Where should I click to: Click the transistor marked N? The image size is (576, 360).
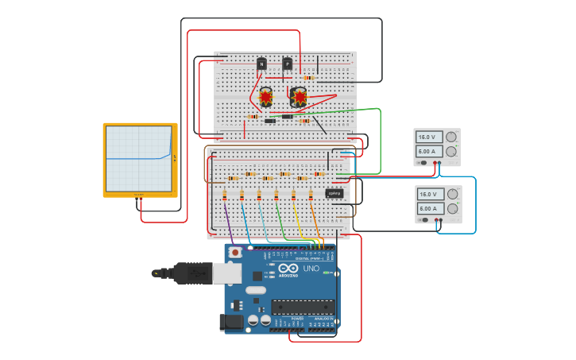pos(261,64)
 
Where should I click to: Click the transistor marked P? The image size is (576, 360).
pos(287,64)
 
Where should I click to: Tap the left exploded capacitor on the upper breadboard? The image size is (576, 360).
pos(265,97)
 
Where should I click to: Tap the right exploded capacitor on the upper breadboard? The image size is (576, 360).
pos(300,97)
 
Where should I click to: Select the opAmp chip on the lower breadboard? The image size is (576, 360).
pos(334,193)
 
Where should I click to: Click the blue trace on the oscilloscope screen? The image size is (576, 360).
pos(135,158)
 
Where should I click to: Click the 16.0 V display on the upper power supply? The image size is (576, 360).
pos(429,137)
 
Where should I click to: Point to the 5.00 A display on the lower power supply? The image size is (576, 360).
pos(429,208)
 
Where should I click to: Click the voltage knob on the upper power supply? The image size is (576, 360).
pos(451,137)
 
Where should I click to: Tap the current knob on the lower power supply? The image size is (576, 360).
pos(451,209)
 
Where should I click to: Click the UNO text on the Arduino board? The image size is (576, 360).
pos(311,269)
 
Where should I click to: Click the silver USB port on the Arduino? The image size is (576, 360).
pos(227,273)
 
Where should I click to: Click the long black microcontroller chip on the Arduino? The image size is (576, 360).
pos(303,307)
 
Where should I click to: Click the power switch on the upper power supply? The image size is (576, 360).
pos(423,163)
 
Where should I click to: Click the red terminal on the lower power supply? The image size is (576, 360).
pos(435,220)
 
